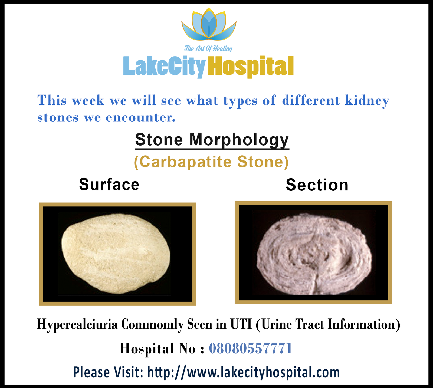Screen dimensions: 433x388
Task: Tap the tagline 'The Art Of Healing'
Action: pos(208,49)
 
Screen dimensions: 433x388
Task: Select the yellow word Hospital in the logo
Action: pos(250,67)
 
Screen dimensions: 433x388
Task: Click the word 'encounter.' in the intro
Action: pos(140,118)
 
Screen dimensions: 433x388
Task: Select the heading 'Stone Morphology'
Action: pos(212,140)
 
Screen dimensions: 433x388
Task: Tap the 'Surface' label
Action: pos(109,185)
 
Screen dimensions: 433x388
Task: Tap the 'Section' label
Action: pos(317,185)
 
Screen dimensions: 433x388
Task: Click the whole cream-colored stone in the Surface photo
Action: pos(116,254)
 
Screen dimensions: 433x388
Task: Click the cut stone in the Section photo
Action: pos(314,254)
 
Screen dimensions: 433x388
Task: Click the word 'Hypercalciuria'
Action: pos(77,324)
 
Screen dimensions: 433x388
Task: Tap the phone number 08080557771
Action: pos(251,348)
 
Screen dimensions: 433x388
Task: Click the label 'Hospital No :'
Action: pos(162,348)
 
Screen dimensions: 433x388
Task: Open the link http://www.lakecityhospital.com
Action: pos(244,372)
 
